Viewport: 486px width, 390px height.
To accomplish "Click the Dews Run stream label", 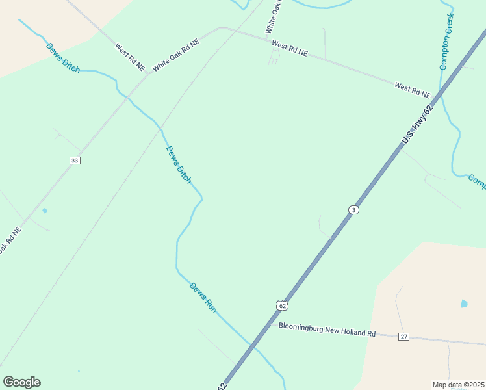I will tap(203, 298).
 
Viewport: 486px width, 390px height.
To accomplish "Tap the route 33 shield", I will tap(75, 160).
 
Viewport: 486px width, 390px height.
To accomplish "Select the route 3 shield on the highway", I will tap(353, 209).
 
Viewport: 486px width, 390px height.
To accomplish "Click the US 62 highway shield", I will tap(281, 305).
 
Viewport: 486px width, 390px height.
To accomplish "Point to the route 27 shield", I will tap(404, 336).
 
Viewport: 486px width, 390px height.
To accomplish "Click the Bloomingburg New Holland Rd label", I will tap(327, 330).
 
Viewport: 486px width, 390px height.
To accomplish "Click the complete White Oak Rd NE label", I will tap(175, 55).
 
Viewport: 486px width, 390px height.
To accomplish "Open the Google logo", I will tap(21, 382).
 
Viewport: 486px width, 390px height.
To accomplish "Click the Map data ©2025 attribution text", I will tap(458, 385).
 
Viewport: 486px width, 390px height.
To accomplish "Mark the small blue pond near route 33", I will tap(45, 211).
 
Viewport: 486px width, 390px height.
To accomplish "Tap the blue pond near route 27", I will tap(464, 304).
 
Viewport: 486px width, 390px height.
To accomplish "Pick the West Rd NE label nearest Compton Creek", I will tap(412, 90).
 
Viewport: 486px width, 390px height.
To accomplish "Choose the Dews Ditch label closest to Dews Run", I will tap(179, 164).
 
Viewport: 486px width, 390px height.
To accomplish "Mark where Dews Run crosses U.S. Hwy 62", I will tap(250, 344).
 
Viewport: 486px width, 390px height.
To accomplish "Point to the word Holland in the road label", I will tap(352, 332).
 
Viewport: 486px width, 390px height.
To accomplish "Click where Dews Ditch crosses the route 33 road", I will tap(129, 95).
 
